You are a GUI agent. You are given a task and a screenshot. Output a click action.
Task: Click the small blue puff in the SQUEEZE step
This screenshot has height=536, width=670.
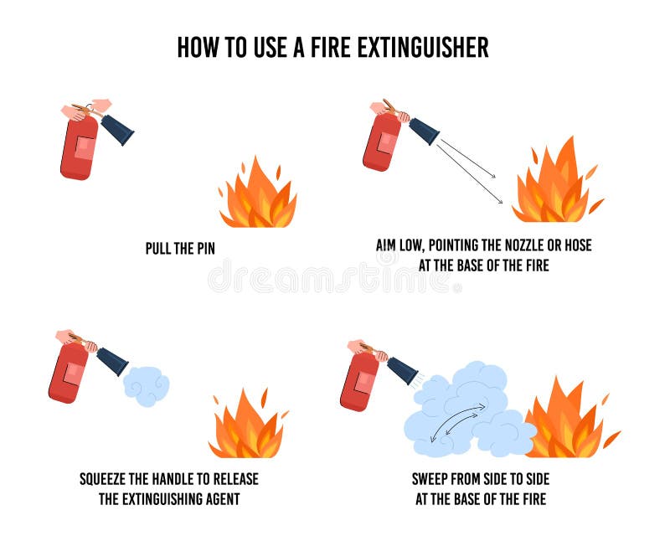click(x=146, y=386)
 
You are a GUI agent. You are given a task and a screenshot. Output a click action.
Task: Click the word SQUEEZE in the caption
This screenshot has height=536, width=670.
click(x=107, y=480)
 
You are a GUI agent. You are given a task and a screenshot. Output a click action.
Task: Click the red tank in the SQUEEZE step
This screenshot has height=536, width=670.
click(x=69, y=373)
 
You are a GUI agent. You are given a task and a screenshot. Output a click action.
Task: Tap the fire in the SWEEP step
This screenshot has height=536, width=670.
click(x=569, y=423)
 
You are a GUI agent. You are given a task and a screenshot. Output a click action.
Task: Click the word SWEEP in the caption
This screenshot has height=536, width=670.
click(x=431, y=480)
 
